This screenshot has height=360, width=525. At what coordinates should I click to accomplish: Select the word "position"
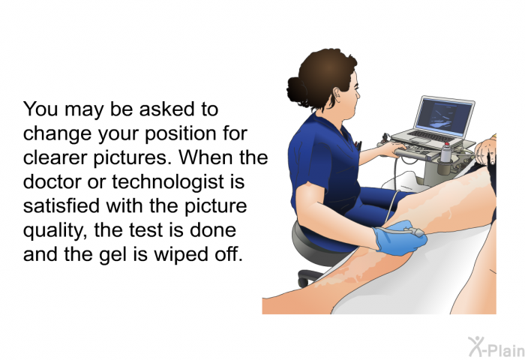point(181,133)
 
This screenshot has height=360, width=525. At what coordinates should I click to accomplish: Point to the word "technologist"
point(168,182)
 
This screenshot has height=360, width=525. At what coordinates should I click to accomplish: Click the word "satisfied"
point(61,205)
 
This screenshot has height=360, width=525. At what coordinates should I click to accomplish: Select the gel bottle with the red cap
point(445,152)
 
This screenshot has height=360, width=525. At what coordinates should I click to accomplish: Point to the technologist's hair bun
point(297,91)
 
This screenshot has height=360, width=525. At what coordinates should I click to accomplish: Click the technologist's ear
point(337,94)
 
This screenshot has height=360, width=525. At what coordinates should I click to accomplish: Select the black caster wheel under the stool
point(303,280)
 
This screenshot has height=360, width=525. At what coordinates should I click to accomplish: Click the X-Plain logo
point(496,347)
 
